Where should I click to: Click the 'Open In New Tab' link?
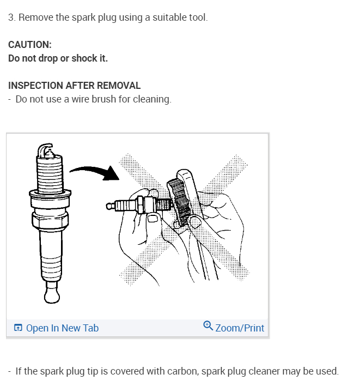coord(62,328)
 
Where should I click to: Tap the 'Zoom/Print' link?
coord(240,328)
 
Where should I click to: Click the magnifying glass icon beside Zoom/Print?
coord(208,325)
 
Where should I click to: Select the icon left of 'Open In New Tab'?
coord(18,328)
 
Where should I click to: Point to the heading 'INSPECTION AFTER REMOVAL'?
coord(75,86)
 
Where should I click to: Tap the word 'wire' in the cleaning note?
coord(81,99)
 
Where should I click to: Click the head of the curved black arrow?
coord(112,173)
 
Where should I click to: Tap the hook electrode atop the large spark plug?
coord(45,149)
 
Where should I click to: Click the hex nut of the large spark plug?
coord(50,221)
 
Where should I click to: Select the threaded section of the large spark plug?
coord(50,175)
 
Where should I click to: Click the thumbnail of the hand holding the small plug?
coord(152,219)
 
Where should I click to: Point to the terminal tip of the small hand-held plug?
coord(109,206)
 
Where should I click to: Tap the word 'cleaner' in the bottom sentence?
coord(264,371)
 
